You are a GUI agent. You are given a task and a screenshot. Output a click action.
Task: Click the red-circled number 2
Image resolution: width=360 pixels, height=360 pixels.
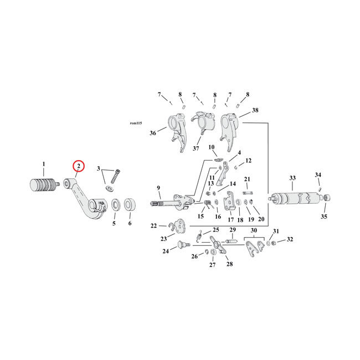pyautogui.click(x=79, y=166)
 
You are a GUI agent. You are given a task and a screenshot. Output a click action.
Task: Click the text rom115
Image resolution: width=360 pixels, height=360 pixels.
pyautogui.click(x=136, y=123)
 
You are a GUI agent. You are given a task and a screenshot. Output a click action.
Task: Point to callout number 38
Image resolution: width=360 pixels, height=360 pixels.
pyautogui.click(x=255, y=110)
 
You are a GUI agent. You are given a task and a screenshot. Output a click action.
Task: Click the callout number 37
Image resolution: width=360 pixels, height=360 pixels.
pyautogui.click(x=196, y=148)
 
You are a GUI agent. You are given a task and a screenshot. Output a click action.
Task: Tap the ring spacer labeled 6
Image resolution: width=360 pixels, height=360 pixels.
pyautogui.click(x=130, y=204)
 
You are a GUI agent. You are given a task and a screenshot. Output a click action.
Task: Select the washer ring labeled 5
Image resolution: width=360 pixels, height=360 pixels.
pyautogui.click(x=116, y=205)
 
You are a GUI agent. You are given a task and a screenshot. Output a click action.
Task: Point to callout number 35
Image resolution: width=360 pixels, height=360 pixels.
pyautogui.click(x=324, y=217)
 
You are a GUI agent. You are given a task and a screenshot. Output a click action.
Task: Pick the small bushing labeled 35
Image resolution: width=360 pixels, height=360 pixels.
pyautogui.click(x=326, y=198)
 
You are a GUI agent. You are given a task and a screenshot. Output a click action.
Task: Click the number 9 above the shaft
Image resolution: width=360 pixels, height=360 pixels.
pyautogui.click(x=158, y=188)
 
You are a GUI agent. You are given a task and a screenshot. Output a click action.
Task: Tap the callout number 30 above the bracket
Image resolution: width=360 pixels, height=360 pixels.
pyautogui.click(x=254, y=230)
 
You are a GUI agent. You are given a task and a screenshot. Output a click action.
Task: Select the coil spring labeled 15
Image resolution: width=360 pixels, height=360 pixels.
pyautogui.click(x=208, y=203)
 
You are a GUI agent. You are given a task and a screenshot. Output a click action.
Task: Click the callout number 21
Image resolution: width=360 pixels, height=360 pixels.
pyautogui.click(x=247, y=179)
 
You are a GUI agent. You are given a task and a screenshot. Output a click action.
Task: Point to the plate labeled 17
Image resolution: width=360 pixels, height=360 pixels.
pyautogui.click(x=230, y=200)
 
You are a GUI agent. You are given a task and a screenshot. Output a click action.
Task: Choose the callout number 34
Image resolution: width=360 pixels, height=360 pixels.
pyautogui.click(x=318, y=175)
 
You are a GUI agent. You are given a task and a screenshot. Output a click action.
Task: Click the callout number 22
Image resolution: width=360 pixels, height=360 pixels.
pyautogui.click(x=153, y=226)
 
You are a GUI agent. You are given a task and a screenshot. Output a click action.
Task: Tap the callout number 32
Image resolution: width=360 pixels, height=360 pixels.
pyautogui.click(x=290, y=239)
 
